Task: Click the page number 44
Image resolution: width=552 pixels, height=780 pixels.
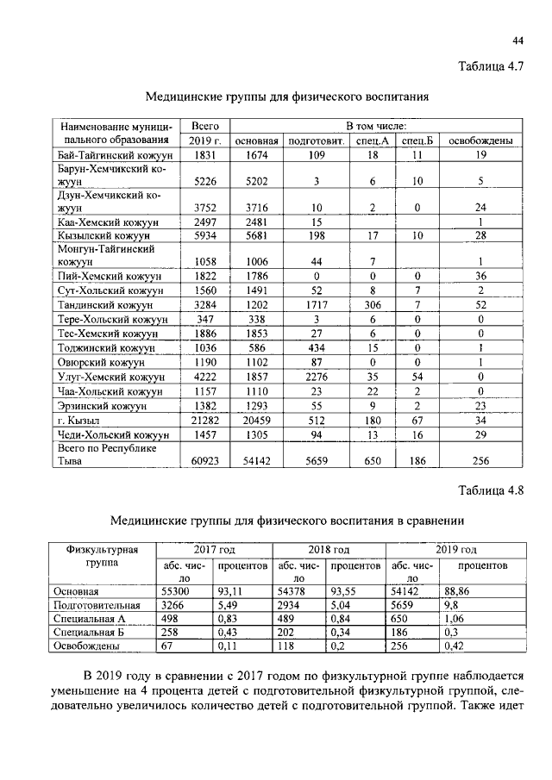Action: point(517,41)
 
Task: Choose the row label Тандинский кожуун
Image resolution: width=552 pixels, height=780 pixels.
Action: point(103,304)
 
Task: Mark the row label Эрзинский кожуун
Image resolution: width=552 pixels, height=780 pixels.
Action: point(97,405)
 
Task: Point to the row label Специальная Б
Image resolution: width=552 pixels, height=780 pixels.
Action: point(87,631)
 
